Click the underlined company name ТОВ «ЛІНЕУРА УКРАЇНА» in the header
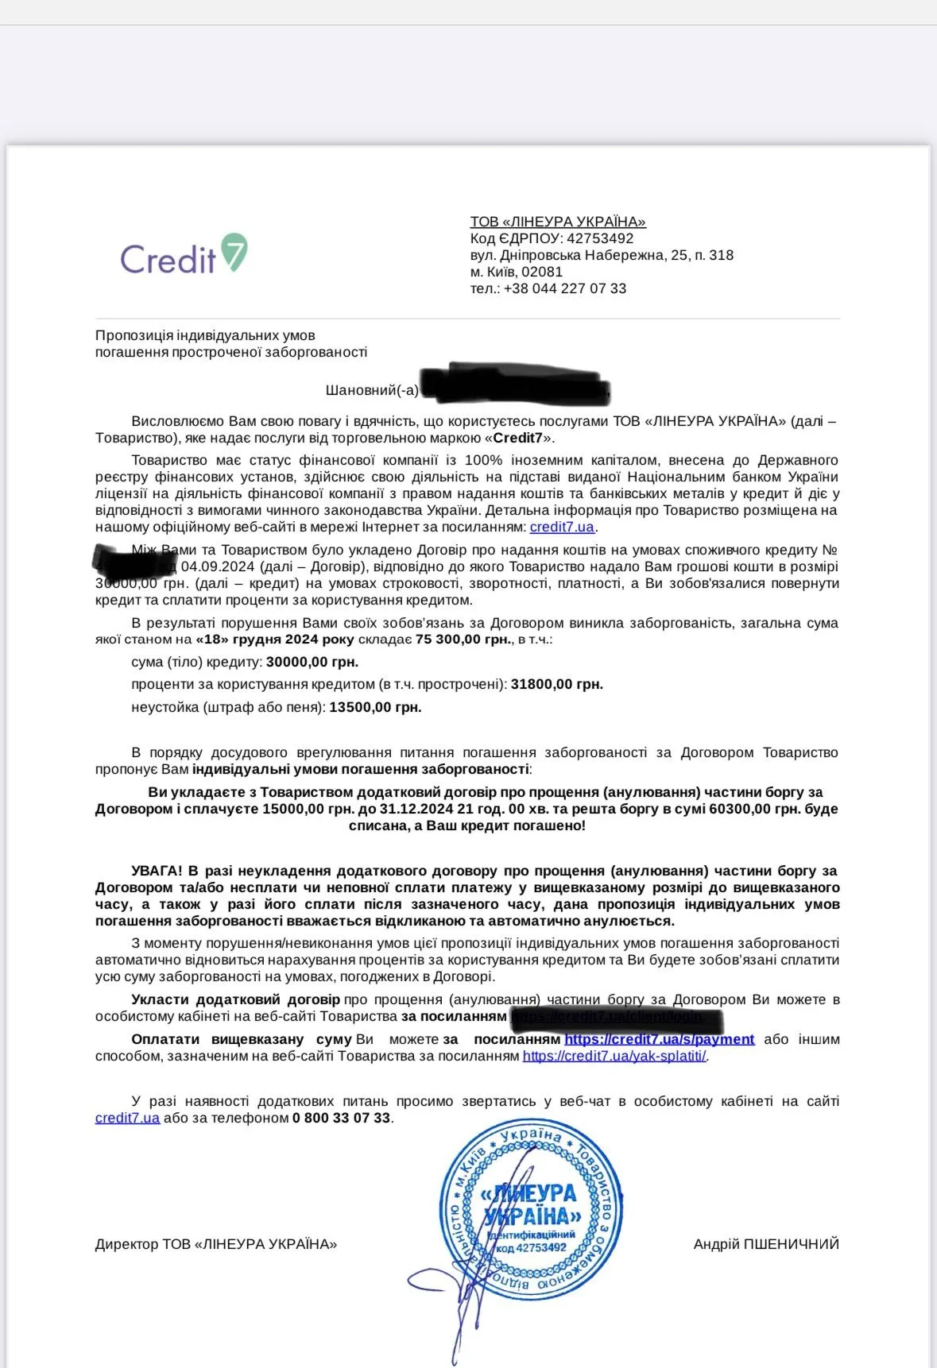pyautogui.click(x=558, y=222)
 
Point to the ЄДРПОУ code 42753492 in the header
pyautogui.click(x=600, y=238)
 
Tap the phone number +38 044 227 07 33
pyautogui.click(x=565, y=288)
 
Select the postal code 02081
pyautogui.click(x=542, y=272)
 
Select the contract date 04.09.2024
pyautogui.click(x=217, y=566)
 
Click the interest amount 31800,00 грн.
pyautogui.click(x=556, y=684)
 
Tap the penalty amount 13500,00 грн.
pyautogui.click(x=375, y=707)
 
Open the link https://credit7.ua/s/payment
pyautogui.click(x=659, y=1039)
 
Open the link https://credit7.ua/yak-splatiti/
pyautogui.click(x=614, y=1056)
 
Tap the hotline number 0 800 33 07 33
pyautogui.click(x=342, y=1118)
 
